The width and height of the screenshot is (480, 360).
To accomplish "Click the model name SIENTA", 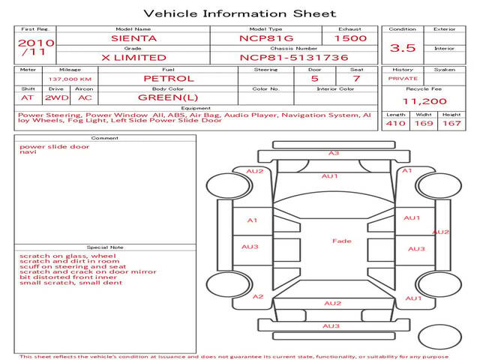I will pos(134,37).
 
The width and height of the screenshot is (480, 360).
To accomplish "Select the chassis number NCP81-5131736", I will pos(283,57).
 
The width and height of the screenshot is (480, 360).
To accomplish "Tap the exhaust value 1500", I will pos(351,37).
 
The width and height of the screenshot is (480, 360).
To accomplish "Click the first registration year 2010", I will pos(35,43).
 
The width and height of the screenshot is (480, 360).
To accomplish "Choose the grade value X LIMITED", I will pos(134,57).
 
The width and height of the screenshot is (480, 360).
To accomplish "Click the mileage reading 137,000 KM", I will pos(70,79).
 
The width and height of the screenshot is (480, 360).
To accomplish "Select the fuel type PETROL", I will pos(168,78).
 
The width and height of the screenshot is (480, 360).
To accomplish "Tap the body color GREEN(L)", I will pos(168,97).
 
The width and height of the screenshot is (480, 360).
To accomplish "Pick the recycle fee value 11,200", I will pos(424,102).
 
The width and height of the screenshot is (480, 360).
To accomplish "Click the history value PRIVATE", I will pos(403,78).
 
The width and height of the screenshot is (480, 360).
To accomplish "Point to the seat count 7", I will pos(356,78).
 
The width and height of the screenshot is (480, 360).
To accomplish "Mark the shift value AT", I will pos(28,97).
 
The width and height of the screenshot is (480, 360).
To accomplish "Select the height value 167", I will pos(451,124).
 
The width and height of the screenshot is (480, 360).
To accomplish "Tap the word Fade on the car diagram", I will pos(341,241).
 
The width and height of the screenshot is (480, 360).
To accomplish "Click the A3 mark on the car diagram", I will pos(334,153).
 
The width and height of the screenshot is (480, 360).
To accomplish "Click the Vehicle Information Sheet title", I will pos(239,13).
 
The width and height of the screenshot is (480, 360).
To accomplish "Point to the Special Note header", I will pos(104,247).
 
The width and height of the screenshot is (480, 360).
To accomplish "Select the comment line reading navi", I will pos(28,152).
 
